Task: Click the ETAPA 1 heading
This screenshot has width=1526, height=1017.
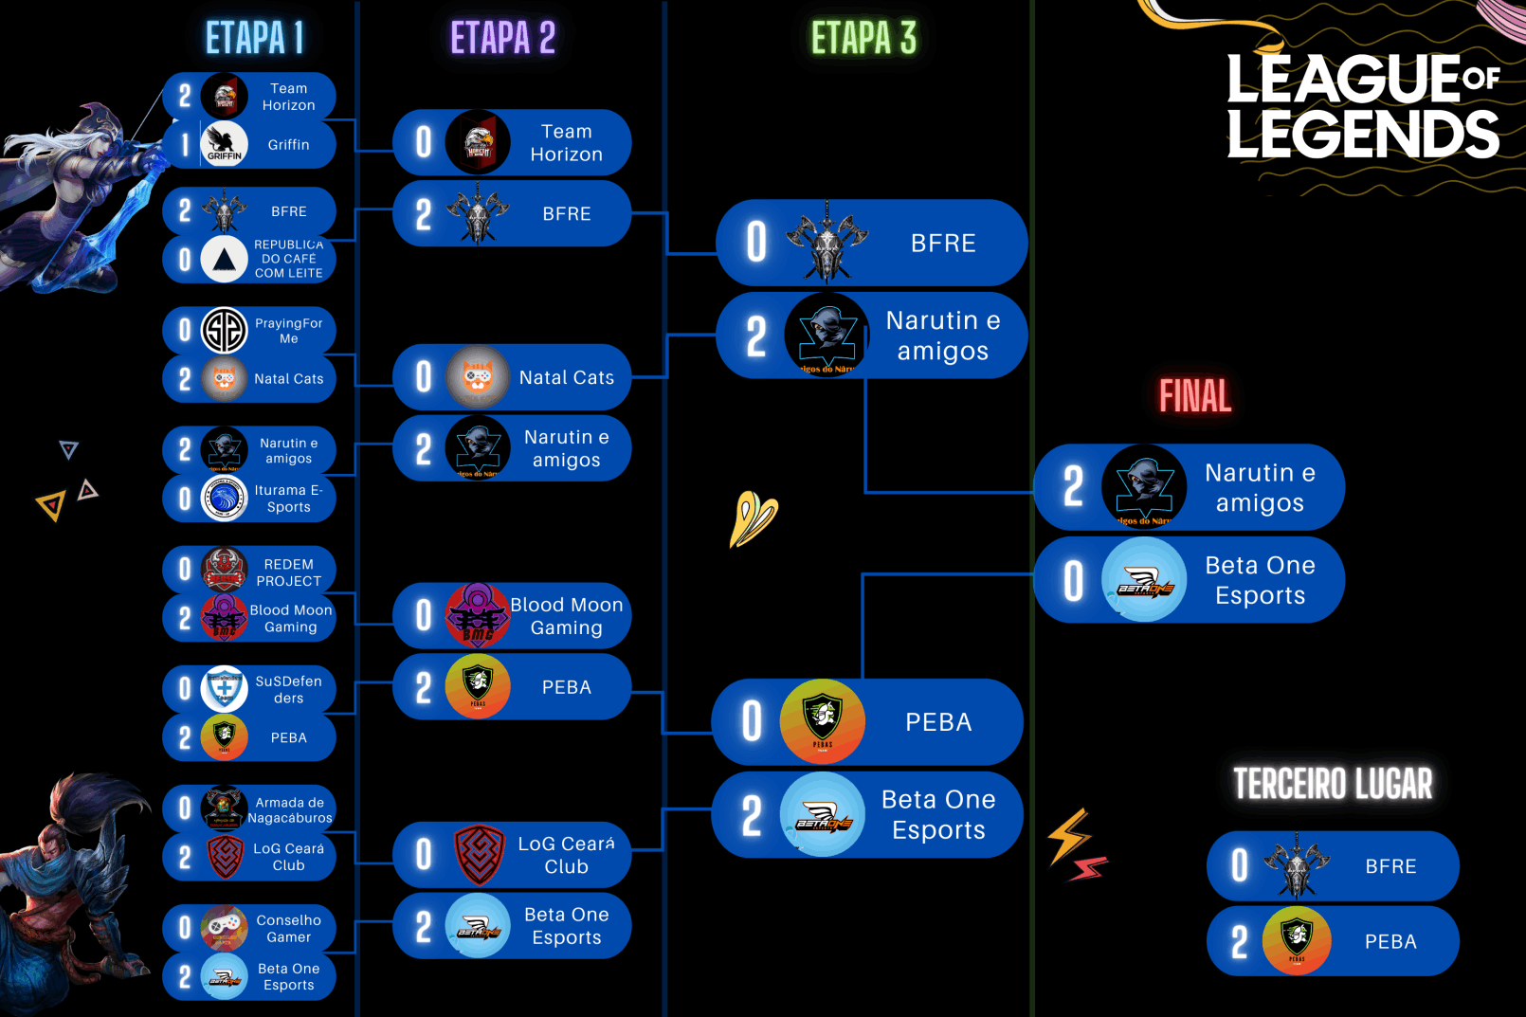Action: point(255,39)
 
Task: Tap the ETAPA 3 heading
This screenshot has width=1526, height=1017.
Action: point(863,39)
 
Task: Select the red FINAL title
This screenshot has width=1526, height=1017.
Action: point(1195,396)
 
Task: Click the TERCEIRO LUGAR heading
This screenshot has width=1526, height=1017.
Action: point(1333,784)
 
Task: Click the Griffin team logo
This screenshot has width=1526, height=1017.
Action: point(225,145)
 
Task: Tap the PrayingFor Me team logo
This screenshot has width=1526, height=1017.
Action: point(225,330)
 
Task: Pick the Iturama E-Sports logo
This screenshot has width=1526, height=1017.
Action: point(225,499)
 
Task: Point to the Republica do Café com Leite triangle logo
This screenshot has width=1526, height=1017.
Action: point(225,259)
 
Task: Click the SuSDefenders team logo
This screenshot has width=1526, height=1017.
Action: point(225,689)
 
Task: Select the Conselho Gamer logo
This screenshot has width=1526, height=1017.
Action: point(225,928)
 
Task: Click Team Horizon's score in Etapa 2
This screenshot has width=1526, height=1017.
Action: point(424,142)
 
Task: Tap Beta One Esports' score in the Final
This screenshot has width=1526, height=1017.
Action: point(1073,580)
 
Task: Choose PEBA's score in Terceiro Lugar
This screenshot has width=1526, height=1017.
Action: point(1239,941)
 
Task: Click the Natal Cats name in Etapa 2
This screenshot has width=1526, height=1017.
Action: point(567,377)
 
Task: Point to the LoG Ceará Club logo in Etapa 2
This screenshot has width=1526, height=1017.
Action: point(479,854)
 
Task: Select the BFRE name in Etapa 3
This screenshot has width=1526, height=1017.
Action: point(943,244)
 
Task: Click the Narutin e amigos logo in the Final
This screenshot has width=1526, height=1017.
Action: point(1144,486)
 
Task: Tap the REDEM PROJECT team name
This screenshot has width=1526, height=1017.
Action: point(289,572)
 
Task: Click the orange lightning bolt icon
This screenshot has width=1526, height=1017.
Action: point(1068,835)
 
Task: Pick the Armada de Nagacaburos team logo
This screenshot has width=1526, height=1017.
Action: point(225,808)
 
